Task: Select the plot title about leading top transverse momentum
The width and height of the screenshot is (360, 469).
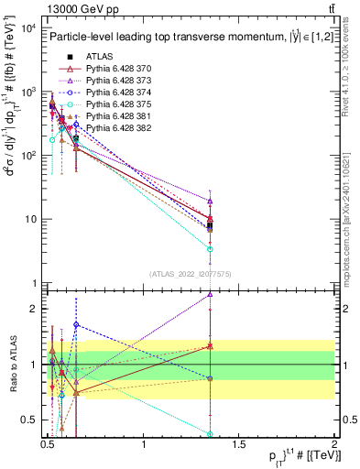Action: pyautogui.click(x=182, y=38)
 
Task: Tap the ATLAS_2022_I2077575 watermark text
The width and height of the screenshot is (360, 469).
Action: pyautogui.click(x=191, y=273)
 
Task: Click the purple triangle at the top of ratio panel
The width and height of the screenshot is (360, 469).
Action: pyautogui.click(x=211, y=295)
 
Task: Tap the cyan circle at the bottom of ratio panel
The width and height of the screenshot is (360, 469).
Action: pyautogui.click(x=211, y=434)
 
